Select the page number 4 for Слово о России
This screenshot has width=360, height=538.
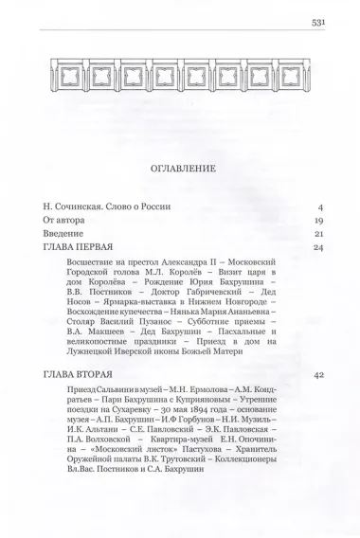tap(321, 206)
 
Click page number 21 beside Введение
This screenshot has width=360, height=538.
tap(319, 233)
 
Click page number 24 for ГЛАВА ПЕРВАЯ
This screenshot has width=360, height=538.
tap(319, 247)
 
